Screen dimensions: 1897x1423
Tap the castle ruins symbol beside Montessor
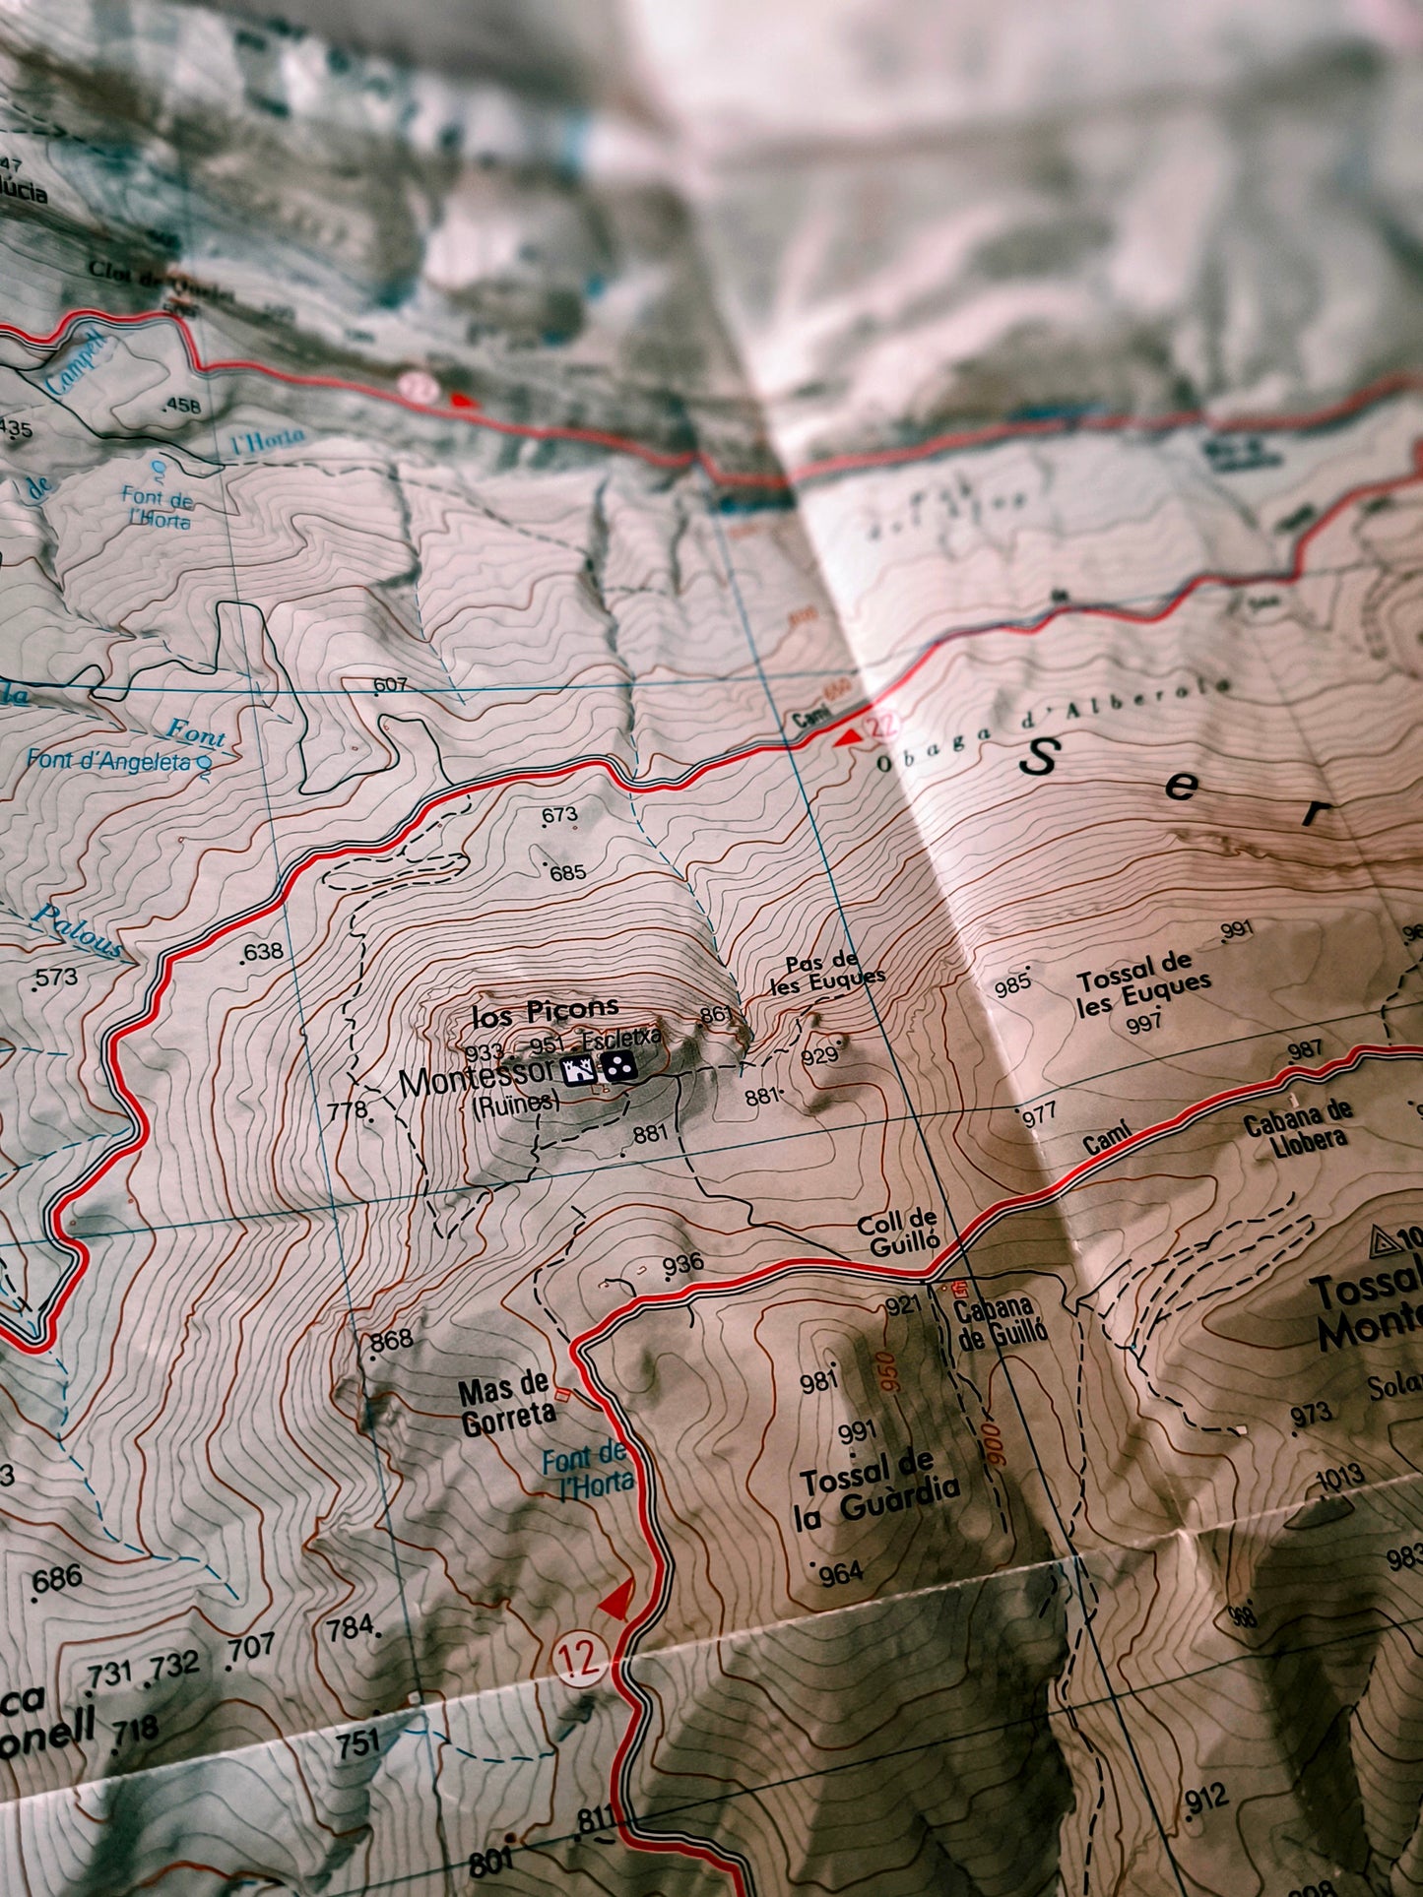coord(578,1069)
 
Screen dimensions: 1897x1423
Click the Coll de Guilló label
coord(898,1233)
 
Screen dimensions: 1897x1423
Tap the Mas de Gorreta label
coord(505,1402)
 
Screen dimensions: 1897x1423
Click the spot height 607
coord(391,684)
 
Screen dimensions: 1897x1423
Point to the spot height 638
coord(262,952)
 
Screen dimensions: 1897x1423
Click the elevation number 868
coord(391,1341)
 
